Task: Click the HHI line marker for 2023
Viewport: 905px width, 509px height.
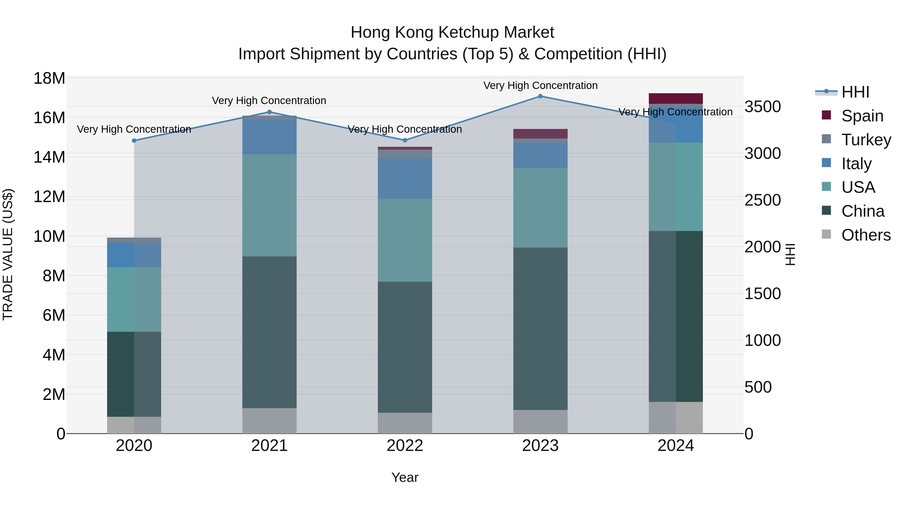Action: click(x=540, y=96)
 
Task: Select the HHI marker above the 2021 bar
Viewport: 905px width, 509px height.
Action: click(x=269, y=112)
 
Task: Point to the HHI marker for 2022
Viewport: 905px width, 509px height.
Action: click(x=405, y=140)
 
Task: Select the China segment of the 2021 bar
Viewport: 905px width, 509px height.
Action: click(x=269, y=332)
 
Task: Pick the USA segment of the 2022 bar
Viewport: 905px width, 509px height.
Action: click(x=405, y=240)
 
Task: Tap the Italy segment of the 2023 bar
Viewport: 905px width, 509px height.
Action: click(x=540, y=155)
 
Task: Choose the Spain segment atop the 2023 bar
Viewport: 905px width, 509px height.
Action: click(x=540, y=133)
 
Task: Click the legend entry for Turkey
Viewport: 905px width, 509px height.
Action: click(x=866, y=140)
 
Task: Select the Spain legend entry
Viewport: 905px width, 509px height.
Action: click(x=862, y=116)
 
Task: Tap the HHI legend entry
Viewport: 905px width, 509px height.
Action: click(x=855, y=92)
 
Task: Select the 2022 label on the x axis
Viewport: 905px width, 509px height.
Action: click(x=405, y=445)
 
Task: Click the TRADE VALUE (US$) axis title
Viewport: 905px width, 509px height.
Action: click(x=8, y=254)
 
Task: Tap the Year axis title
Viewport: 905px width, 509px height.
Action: click(x=405, y=477)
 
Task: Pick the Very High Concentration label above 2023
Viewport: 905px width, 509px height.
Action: click(x=540, y=85)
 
